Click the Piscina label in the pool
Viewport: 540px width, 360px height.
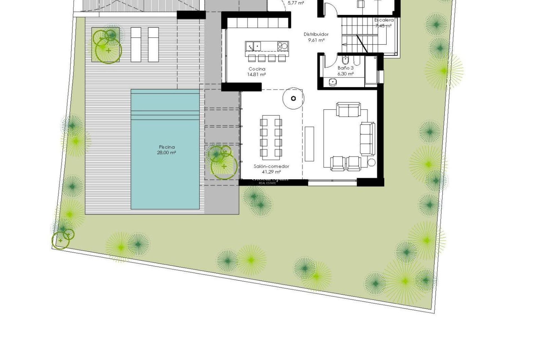coord(167,147)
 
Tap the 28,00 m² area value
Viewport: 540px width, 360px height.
coord(167,153)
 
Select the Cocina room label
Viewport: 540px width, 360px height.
coord(257,69)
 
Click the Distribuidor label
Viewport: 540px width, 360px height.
coord(316,34)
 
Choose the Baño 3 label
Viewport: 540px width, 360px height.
coord(346,68)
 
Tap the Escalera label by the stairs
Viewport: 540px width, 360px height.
coord(384,20)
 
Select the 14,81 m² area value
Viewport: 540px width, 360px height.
coord(257,75)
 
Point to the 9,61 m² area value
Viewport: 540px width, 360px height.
coord(316,40)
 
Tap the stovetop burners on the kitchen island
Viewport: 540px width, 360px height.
coord(283,46)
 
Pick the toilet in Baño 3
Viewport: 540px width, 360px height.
coord(345,60)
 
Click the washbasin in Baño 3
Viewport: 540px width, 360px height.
coord(333,82)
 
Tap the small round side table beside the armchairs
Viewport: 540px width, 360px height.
coord(372,163)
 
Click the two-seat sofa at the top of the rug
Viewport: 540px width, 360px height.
coord(348,110)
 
